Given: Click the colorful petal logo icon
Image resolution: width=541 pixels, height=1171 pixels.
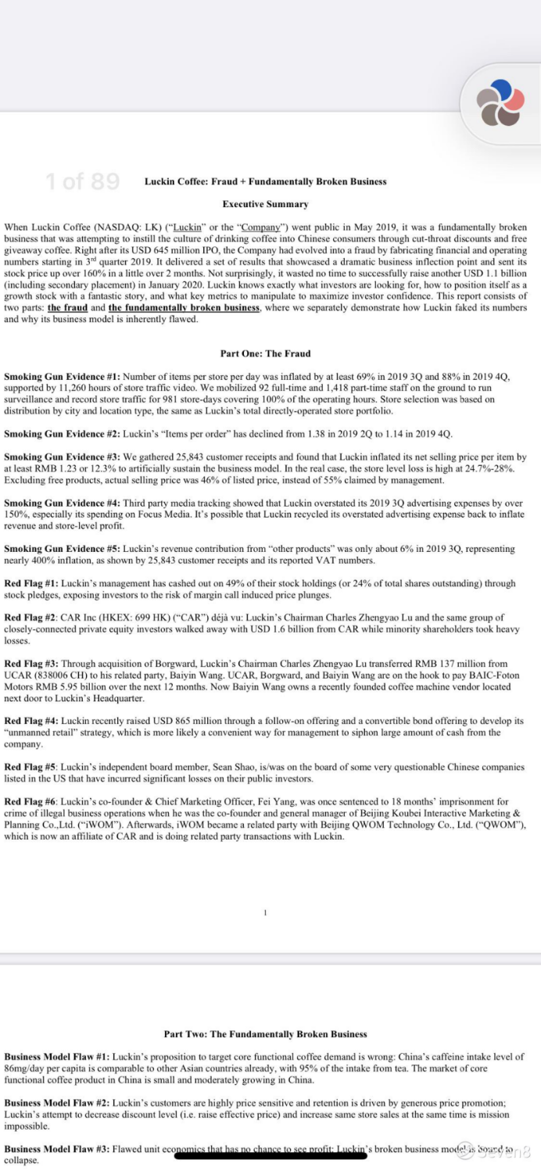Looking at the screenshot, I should pos(500,102).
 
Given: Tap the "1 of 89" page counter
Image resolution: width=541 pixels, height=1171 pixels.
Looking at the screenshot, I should pos(82,182).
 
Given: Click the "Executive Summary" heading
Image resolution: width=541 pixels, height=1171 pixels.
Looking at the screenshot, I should pos(265,204).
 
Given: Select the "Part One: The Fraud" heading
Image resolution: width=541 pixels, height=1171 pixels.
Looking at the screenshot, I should pos(265,353).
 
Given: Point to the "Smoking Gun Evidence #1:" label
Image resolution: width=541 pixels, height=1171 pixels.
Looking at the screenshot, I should pos(62,377).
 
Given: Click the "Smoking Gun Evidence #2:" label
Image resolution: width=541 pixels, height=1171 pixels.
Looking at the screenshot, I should pos(62,434).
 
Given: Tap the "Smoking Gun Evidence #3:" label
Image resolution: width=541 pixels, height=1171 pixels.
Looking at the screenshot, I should pos(62,457).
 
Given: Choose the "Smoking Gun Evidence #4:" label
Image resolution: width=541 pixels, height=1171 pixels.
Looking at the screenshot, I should pos(62,504).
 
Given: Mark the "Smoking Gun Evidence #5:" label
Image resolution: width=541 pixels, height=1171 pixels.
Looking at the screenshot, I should pos(62,550).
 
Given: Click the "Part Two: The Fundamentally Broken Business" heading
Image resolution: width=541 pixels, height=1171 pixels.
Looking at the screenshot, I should pos(265,1034).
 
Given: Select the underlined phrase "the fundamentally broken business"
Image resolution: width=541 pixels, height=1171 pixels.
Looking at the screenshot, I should pos(184,308).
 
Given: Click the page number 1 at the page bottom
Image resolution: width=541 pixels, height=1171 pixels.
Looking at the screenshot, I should pos(266,912).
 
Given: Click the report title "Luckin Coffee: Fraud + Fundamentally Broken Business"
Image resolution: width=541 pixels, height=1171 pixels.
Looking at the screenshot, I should pos(265,181).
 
